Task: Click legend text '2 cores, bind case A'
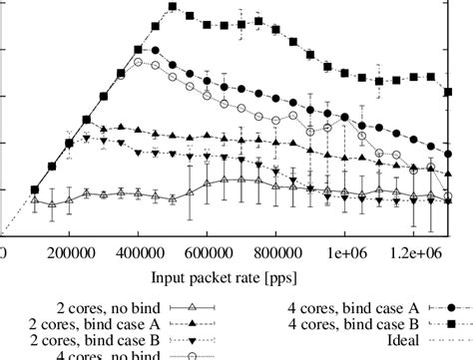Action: pos(89,324)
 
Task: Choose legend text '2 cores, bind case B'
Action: pos(89,340)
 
